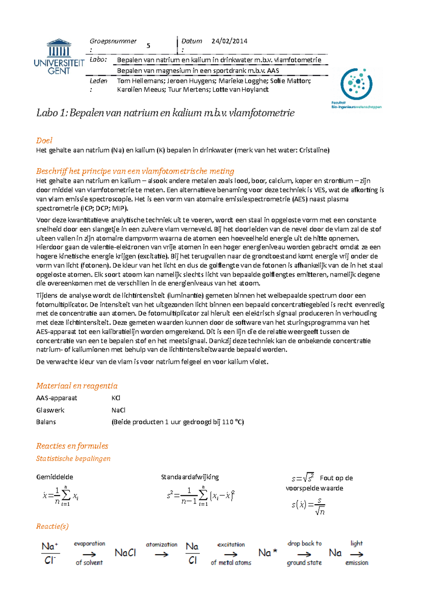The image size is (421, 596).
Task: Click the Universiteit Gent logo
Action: (59, 57)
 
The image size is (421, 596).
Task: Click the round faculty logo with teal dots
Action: (356, 85)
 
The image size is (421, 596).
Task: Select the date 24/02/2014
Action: (229, 41)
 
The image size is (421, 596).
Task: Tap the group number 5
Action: (148, 46)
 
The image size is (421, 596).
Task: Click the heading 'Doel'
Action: (44, 141)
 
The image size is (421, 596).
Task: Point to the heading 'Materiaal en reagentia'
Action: (77, 386)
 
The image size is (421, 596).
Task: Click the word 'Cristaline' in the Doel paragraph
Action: (314, 150)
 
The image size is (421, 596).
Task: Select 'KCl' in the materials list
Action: (116, 398)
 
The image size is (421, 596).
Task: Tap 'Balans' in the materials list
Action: (46, 422)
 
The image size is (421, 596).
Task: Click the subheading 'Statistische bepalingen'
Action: (73, 458)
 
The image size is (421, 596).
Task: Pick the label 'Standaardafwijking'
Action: (190, 477)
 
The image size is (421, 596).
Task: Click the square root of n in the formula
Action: (320, 511)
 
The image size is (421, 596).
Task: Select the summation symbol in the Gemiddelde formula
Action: (66, 495)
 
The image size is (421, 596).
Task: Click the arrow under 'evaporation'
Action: (89, 554)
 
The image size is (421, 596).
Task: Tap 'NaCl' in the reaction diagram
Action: (125, 553)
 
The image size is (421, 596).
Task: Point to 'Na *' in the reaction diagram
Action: (268, 553)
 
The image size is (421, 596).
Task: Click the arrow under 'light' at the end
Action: (357, 554)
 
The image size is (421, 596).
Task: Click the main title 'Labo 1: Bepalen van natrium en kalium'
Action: (165, 113)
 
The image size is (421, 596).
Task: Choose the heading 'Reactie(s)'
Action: (52, 526)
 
